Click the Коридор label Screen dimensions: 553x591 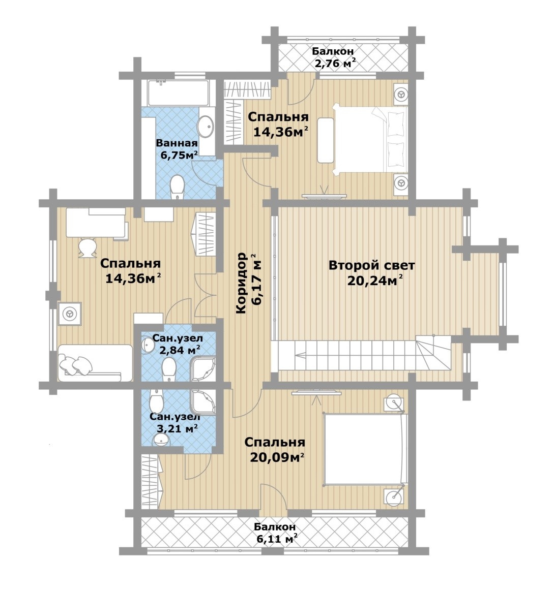click(x=241, y=283)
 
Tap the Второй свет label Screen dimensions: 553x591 click(x=371, y=265)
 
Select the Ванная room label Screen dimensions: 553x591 click(x=177, y=143)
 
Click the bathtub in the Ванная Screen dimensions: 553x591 click(x=178, y=92)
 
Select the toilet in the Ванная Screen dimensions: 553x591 click(x=177, y=188)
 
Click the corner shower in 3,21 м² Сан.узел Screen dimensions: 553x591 click(x=203, y=402)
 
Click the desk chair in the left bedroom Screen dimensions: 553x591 click(x=88, y=248)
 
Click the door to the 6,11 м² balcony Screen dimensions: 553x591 click(x=274, y=501)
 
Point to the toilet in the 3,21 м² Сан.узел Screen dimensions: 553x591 click(x=156, y=401)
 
